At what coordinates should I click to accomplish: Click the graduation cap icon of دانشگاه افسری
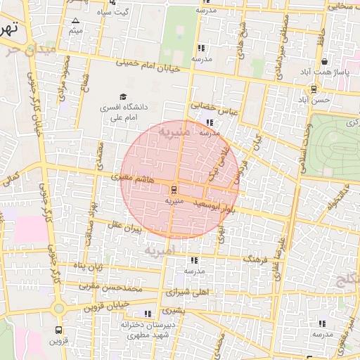(123, 97)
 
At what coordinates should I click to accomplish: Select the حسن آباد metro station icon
(314, 89)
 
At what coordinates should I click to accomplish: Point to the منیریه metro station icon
(174, 189)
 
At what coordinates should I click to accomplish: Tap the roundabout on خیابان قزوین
(58, 308)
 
